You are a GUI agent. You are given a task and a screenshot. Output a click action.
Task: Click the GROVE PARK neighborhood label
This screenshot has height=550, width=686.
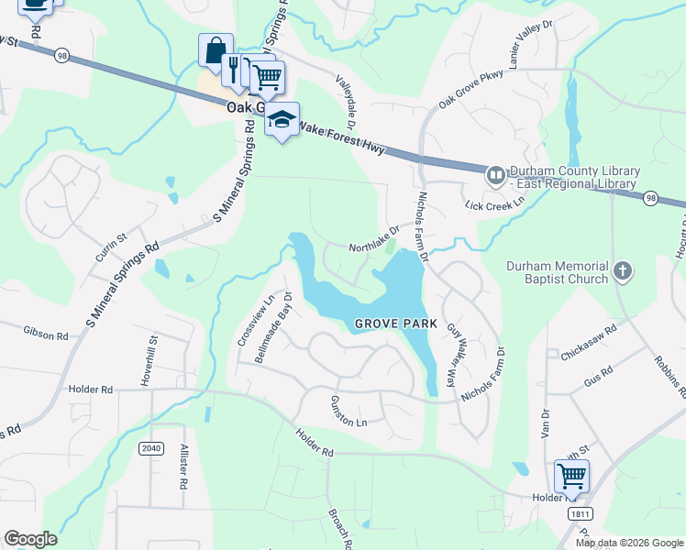pos(386,324)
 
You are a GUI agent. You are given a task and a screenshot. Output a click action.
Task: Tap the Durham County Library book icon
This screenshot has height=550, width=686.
pos(495,174)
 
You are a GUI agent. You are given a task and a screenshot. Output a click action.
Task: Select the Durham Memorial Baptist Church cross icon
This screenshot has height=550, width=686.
pos(622,271)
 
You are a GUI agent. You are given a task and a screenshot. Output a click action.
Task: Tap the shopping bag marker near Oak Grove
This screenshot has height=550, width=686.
pos(216,50)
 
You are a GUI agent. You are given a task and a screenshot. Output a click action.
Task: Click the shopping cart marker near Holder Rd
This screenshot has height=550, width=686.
pos(571,475)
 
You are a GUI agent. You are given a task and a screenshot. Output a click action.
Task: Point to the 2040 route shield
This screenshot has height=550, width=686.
pos(151,447)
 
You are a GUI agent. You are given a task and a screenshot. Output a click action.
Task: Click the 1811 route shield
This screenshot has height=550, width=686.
pos(578,514)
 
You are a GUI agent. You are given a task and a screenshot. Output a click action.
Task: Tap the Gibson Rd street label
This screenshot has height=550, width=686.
pos(47,336)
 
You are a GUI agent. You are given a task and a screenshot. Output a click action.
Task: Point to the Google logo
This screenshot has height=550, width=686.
pos(31,539)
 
